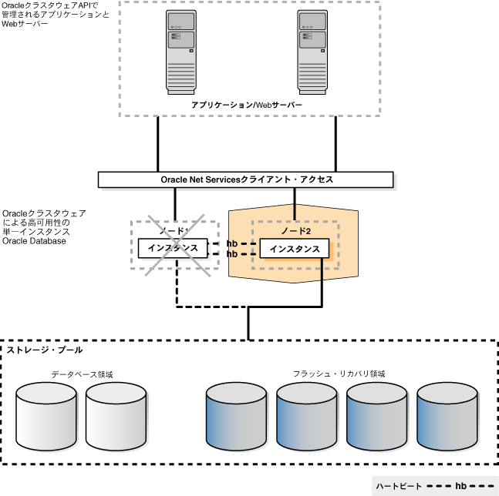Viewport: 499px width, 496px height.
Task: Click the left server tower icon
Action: pyautogui.click(x=182, y=52)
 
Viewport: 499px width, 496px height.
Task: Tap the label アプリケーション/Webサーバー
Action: pyautogui.click(x=247, y=104)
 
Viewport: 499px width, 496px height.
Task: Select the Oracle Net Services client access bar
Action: pyautogui.click(x=246, y=179)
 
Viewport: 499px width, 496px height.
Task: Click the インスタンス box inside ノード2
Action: pyautogui.click(x=294, y=249)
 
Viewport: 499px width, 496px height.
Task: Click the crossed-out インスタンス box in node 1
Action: pyautogui.click(x=173, y=248)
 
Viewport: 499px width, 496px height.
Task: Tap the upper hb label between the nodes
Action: pyautogui.click(x=232, y=243)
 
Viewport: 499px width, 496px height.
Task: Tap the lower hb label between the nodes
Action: pyautogui.click(x=232, y=253)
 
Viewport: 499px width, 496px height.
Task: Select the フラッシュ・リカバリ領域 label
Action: pyautogui.click(x=339, y=374)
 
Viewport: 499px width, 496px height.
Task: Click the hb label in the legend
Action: pyautogui.click(x=460, y=486)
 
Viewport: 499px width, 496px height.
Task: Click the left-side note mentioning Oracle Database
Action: pyautogui.click(x=44, y=226)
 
